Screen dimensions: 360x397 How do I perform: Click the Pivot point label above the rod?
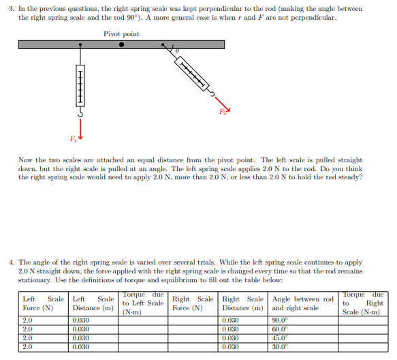(121, 33)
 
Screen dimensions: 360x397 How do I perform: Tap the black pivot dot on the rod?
(122, 45)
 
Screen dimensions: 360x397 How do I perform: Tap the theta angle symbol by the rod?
(177, 51)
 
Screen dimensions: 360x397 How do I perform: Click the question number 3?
(11, 8)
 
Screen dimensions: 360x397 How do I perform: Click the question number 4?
(11, 262)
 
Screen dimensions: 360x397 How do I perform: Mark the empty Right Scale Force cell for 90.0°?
(193, 320)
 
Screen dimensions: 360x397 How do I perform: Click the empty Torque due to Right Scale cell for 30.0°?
(363, 346)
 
